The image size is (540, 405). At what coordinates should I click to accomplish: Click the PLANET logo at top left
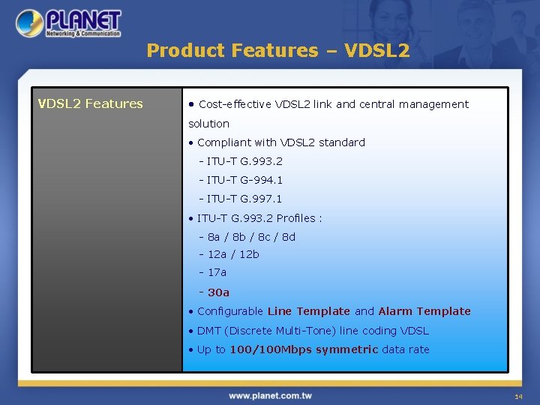pyautogui.click(x=69, y=23)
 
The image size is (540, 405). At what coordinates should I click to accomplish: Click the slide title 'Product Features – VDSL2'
pyautogui.click(x=278, y=51)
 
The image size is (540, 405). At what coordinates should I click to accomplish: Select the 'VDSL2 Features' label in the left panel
pyautogui.click(x=91, y=103)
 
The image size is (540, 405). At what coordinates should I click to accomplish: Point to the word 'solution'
pyautogui.click(x=208, y=124)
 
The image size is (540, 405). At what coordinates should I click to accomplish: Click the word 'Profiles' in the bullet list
pyautogui.click(x=296, y=218)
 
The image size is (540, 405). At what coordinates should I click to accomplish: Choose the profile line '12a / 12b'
pyautogui.click(x=233, y=254)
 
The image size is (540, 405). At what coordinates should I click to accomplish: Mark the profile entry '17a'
pyautogui.click(x=217, y=272)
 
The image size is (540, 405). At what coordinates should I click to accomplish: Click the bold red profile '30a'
pyautogui.click(x=218, y=292)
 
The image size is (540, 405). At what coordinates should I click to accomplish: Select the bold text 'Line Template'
pyautogui.click(x=308, y=311)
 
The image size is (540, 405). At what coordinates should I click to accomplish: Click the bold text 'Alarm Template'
pyautogui.click(x=424, y=311)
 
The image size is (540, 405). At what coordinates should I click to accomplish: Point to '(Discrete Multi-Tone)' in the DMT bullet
pyautogui.click(x=280, y=331)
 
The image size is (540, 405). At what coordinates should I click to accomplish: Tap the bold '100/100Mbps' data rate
pyautogui.click(x=271, y=349)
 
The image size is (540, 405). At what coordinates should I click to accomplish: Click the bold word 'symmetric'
pyautogui.click(x=346, y=349)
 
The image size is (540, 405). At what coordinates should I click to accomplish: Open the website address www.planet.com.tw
pyautogui.click(x=270, y=395)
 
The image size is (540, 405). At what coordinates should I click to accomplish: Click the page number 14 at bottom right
pyautogui.click(x=518, y=396)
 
